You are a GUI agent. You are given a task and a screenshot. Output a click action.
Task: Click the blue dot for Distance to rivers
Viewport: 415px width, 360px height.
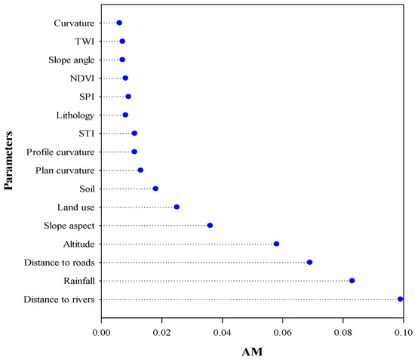click(400, 299)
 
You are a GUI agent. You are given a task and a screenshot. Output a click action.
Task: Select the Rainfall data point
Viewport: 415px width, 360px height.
click(352, 281)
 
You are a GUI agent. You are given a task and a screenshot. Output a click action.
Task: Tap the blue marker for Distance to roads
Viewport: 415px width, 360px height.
click(309, 262)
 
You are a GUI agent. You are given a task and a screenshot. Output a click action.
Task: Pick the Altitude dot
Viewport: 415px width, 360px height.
click(276, 244)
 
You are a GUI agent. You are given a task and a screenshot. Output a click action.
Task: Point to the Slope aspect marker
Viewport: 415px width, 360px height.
click(210, 225)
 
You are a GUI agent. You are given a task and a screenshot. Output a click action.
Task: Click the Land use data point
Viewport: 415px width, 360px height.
click(177, 207)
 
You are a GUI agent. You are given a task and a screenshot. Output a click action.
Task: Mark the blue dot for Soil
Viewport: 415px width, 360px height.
click(155, 189)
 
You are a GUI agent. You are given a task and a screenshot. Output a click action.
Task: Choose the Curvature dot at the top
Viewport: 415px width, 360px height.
click(119, 23)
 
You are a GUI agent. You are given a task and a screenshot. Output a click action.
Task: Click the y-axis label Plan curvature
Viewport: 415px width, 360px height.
click(65, 171)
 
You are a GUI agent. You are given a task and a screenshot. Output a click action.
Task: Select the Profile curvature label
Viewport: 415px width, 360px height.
click(60, 152)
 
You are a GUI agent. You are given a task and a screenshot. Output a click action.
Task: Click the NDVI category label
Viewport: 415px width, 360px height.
click(81, 78)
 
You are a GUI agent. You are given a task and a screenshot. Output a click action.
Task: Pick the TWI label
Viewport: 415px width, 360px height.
click(84, 42)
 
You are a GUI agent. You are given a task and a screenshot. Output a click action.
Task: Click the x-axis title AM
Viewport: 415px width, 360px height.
click(251, 351)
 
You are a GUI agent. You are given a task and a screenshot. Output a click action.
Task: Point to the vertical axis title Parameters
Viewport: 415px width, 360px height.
click(11, 162)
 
